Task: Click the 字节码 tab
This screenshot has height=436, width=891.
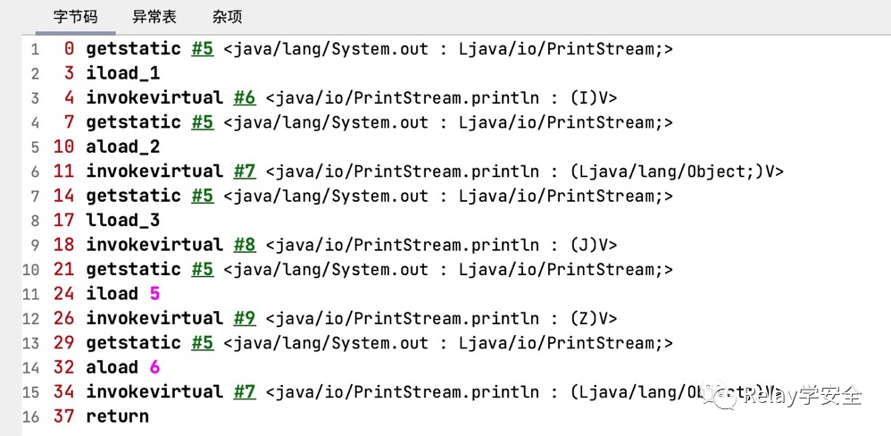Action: point(76,17)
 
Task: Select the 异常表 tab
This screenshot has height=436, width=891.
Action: point(154,17)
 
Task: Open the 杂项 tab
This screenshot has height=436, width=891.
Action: point(227,17)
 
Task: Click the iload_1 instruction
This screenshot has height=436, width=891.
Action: point(122,73)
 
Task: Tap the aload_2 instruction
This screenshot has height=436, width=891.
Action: point(122,147)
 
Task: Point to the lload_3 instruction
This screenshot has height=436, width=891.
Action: point(122,220)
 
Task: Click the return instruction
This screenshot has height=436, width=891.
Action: point(117,416)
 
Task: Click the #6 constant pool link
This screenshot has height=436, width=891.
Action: point(244,97)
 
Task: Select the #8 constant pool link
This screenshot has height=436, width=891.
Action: point(244,245)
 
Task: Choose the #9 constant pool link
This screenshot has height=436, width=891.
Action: point(244,318)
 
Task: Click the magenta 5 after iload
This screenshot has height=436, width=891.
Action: point(154,294)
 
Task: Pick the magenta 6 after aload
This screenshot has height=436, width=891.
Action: point(154,367)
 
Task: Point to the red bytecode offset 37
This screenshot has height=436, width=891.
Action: point(63,416)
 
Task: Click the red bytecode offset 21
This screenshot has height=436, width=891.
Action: point(63,269)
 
